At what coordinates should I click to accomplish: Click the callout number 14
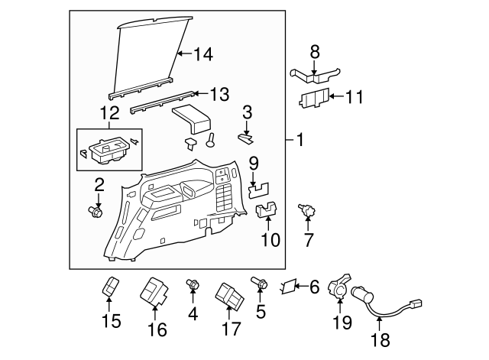[203, 54]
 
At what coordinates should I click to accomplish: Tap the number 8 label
[315, 52]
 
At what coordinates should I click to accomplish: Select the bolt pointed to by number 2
[96, 212]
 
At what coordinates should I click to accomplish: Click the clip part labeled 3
[246, 138]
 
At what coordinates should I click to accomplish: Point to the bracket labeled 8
[315, 76]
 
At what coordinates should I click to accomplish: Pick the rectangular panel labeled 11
[314, 99]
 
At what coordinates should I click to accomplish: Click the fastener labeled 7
[307, 210]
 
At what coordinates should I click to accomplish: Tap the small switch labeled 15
[110, 285]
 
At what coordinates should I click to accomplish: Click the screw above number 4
[193, 284]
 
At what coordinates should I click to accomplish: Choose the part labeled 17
[229, 296]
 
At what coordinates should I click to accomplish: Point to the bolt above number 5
[260, 282]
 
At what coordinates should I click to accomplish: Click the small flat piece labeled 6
[287, 286]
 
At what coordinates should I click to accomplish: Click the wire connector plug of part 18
[415, 302]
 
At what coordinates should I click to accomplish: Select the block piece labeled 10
[267, 210]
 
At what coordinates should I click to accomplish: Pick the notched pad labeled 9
[258, 190]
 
